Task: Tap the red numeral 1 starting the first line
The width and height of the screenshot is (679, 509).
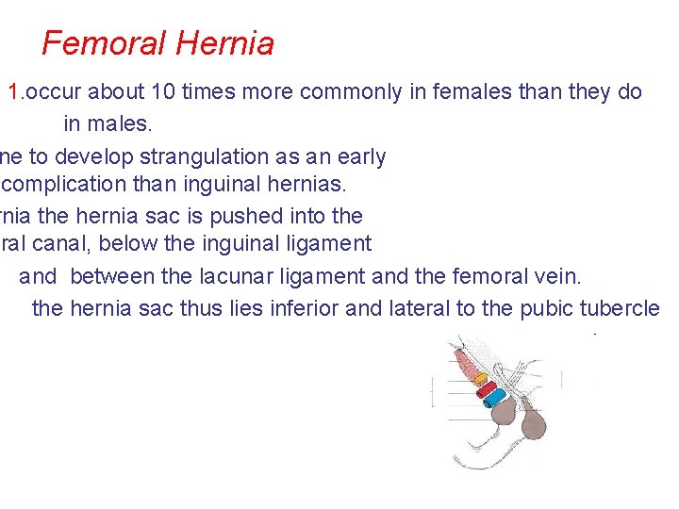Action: (x=14, y=92)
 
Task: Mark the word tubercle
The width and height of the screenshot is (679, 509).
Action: (x=624, y=308)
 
